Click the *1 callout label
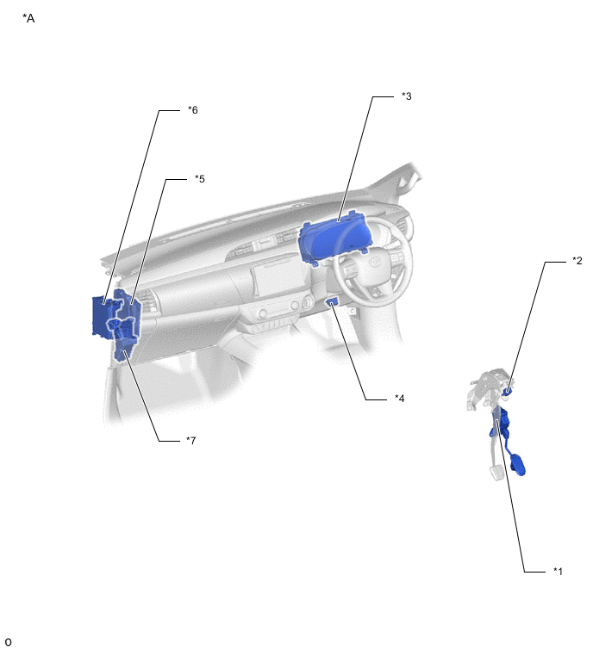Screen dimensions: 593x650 click(x=559, y=572)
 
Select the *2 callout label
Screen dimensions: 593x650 click(x=577, y=260)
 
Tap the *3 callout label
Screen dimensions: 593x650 click(x=407, y=96)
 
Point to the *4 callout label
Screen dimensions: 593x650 click(x=400, y=399)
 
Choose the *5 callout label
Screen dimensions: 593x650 click(x=200, y=179)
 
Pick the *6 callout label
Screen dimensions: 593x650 click(x=193, y=110)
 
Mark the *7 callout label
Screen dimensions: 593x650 click(x=190, y=440)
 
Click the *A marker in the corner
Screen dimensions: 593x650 click(x=28, y=18)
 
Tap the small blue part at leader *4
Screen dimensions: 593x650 click(x=333, y=302)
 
